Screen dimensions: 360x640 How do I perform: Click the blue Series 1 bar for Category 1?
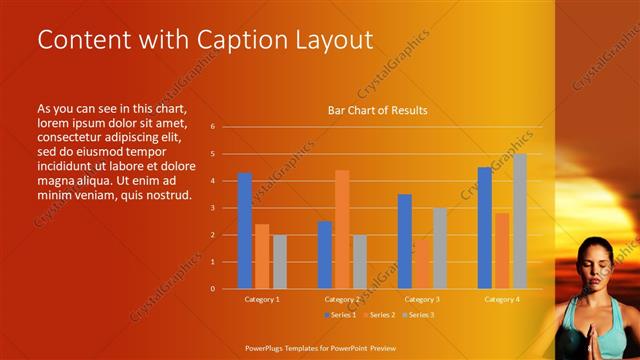click(x=245, y=231)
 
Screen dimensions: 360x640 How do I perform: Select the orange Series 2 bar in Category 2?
click(x=342, y=229)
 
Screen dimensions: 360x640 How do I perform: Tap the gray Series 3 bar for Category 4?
click(x=519, y=221)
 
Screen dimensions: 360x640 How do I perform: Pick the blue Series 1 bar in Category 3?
click(x=404, y=241)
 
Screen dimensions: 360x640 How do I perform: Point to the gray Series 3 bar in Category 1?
click(x=279, y=262)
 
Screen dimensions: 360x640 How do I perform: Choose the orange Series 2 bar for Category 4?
click(x=502, y=250)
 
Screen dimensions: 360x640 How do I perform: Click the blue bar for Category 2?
click(x=325, y=255)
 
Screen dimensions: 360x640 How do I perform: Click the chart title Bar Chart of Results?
click(x=378, y=110)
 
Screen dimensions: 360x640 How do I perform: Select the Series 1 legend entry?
click(x=340, y=315)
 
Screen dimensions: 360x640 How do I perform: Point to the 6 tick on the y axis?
click(x=212, y=127)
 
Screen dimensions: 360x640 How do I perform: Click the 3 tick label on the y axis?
click(x=212, y=208)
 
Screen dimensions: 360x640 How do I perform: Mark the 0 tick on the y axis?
click(x=212, y=289)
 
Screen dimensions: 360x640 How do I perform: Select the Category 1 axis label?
click(x=262, y=299)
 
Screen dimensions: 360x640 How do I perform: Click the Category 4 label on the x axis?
click(x=502, y=299)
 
